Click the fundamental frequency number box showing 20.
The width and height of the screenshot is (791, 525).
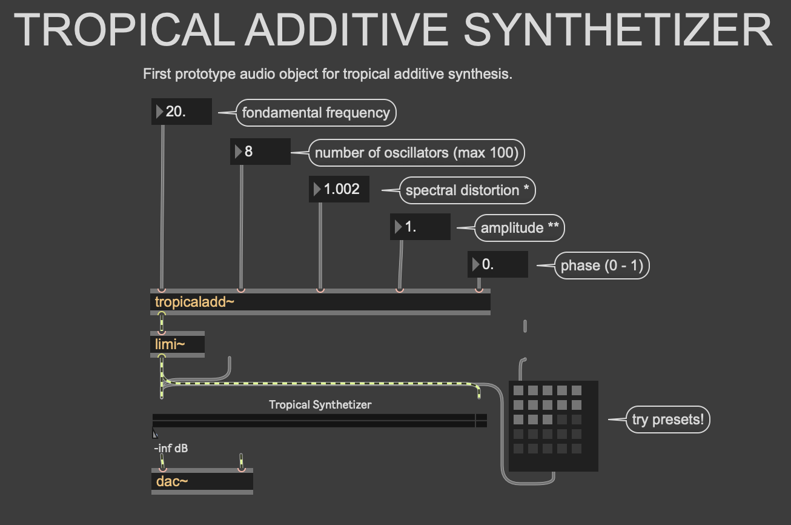click(x=182, y=112)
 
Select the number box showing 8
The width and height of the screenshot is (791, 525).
click(x=260, y=152)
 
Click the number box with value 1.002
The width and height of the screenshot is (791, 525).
click(x=339, y=189)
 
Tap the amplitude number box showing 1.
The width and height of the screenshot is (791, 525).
click(x=420, y=227)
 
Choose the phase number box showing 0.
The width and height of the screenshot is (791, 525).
click(x=498, y=265)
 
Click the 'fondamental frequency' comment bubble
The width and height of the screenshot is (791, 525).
click(x=316, y=113)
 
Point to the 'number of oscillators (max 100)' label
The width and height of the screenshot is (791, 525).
click(x=417, y=153)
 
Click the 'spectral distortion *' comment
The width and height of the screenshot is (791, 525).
click(x=467, y=190)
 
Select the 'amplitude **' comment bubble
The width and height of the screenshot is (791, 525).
click(x=520, y=228)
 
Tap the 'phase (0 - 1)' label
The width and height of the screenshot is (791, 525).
click(x=601, y=266)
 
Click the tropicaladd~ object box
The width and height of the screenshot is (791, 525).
click(x=320, y=302)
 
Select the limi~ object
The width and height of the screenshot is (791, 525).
click(x=177, y=344)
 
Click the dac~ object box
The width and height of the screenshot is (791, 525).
click(x=202, y=481)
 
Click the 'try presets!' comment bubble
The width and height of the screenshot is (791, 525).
click(x=669, y=420)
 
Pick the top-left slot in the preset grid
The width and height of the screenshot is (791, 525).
click(x=518, y=390)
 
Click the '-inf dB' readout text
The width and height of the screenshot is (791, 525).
click(x=171, y=449)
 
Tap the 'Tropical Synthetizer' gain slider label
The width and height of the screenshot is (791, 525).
click(x=320, y=404)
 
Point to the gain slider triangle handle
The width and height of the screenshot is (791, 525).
click(x=155, y=433)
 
